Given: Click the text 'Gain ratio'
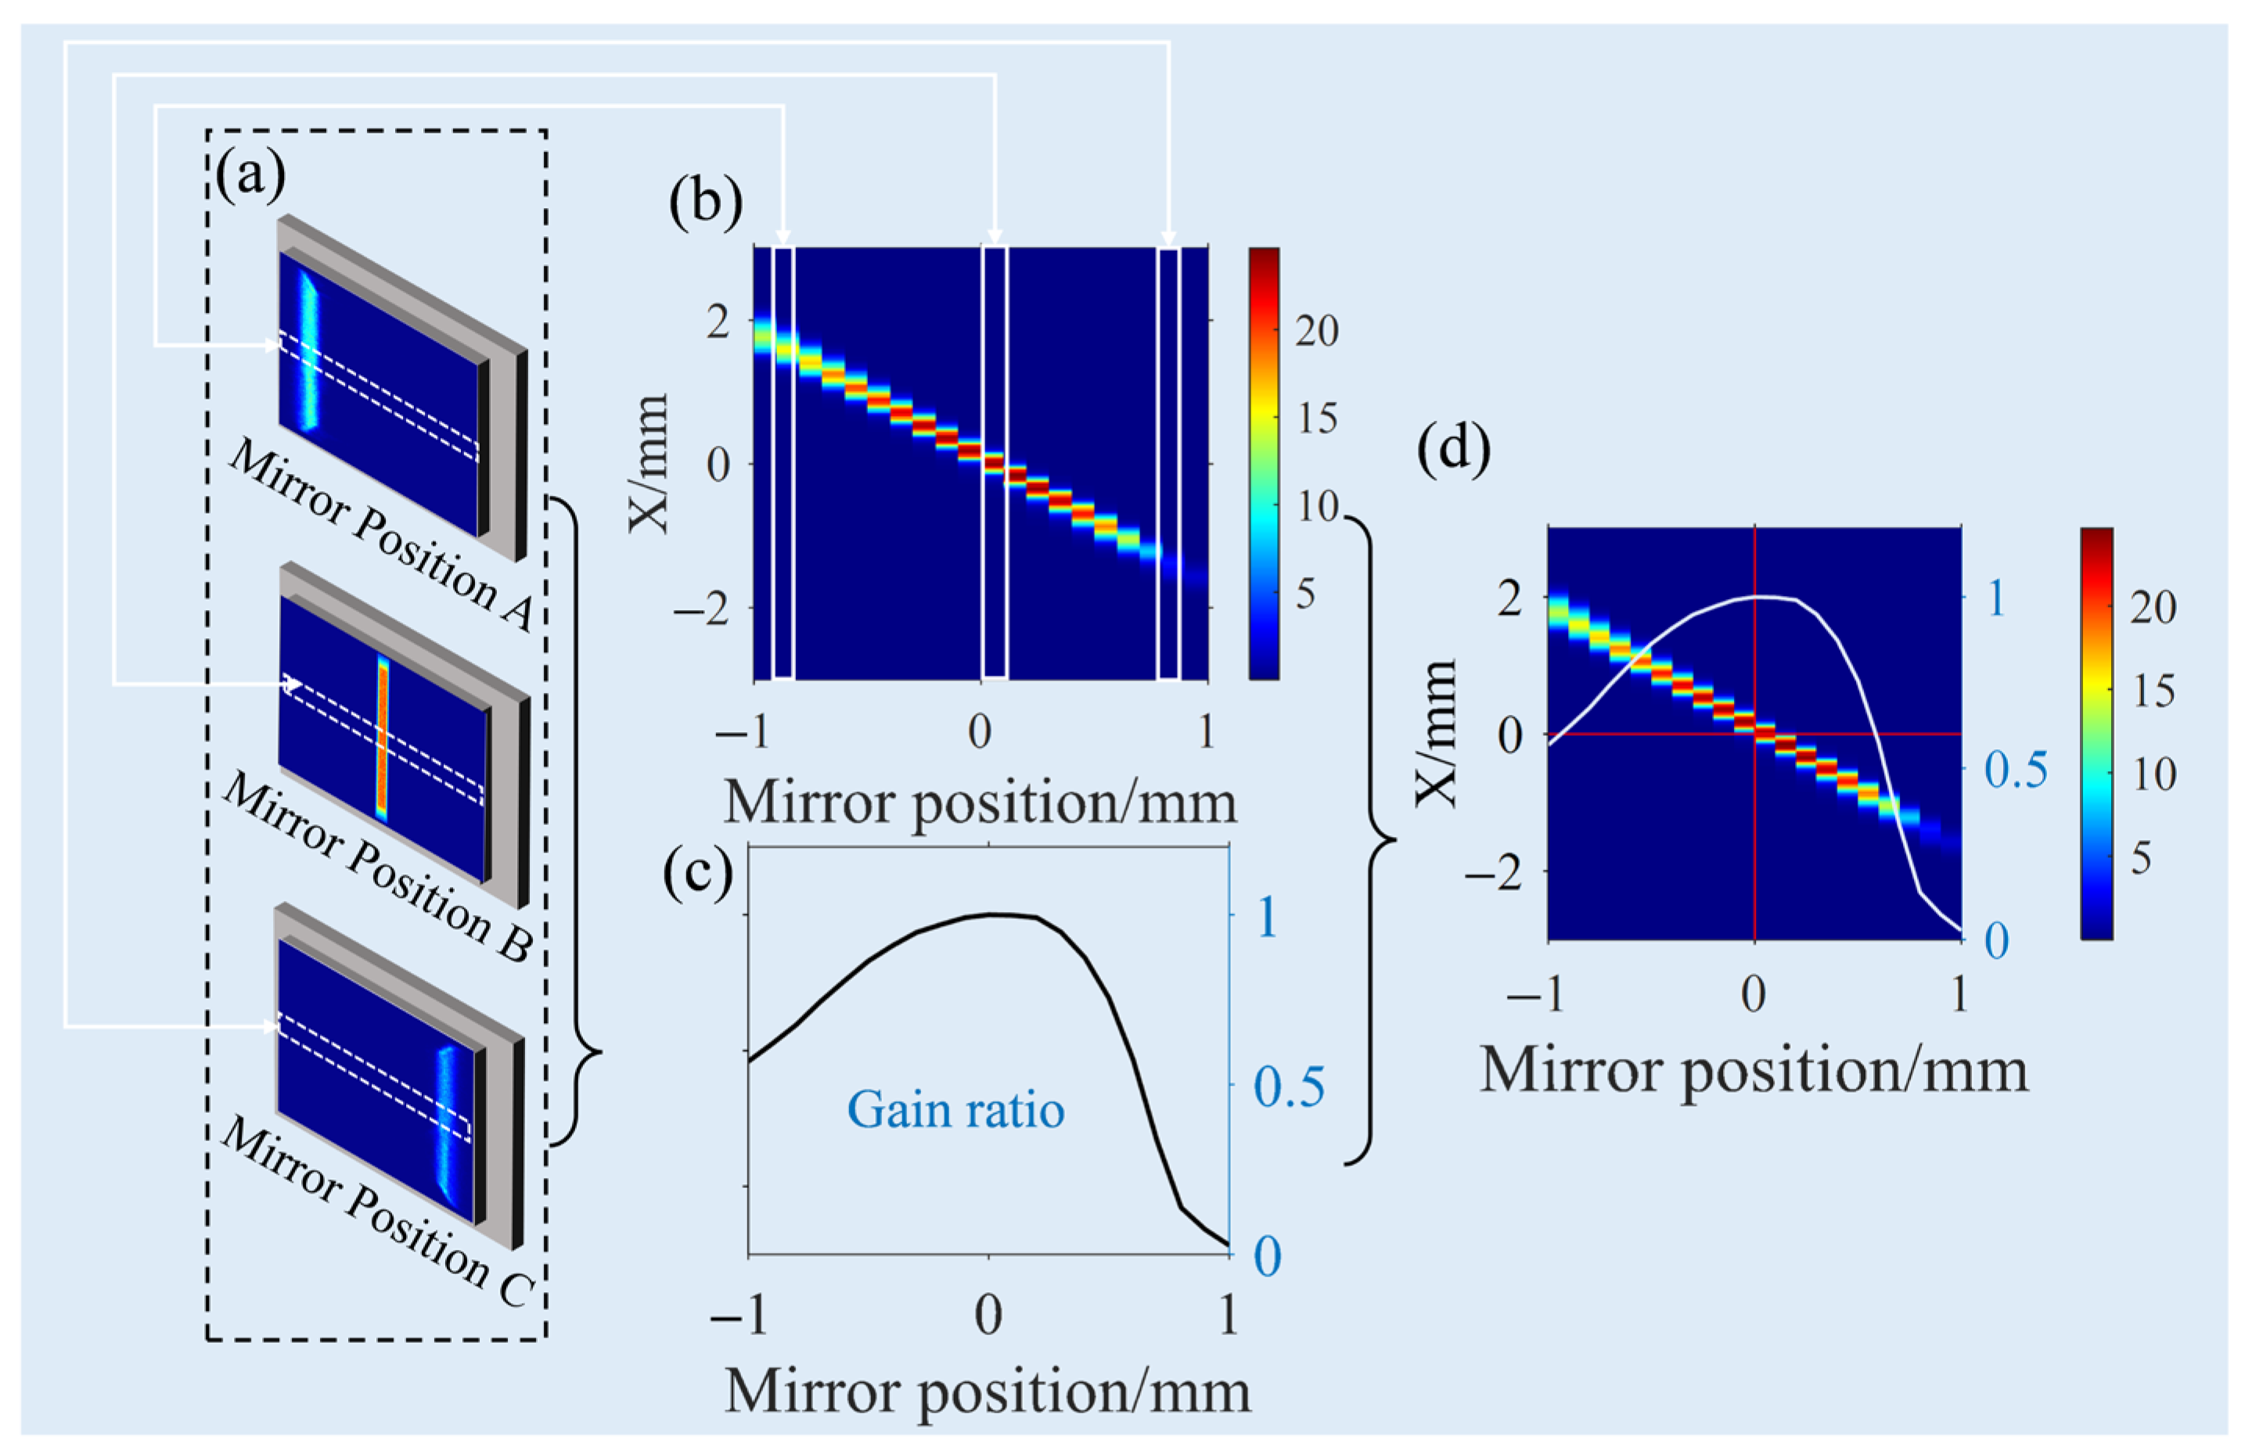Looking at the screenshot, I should pyautogui.click(x=955, y=1110).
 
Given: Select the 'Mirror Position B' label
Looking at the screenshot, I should pyautogui.click(x=376, y=870).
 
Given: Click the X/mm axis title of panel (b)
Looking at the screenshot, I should pyautogui.click(x=649, y=464).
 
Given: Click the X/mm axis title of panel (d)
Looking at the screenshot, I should pyautogui.click(x=1436, y=733).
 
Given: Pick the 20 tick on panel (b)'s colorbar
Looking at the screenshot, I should pyautogui.click(x=1316, y=331).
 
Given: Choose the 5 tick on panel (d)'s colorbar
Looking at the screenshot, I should pyautogui.click(x=2140, y=858).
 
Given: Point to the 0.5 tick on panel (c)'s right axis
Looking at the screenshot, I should pyautogui.click(x=1289, y=1086).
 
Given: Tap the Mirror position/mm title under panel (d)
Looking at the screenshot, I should pyautogui.click(x=1754, y=1072).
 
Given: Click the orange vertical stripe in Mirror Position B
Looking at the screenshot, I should pyautogui.click(x=382, y=735).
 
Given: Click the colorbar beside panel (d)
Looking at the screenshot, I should pyautogui.click(x=2096, y=733).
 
